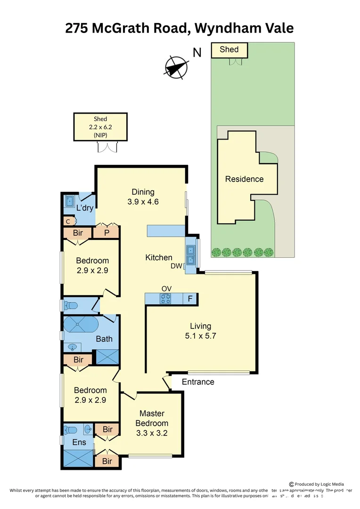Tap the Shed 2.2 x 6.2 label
pos(100,127)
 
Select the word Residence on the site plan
pos(244,179)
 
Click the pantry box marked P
pos(106,232)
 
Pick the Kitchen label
pos(158,257)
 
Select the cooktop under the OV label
pos(165,298)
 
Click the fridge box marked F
pos(190,298)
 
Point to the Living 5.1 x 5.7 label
pos(200,331)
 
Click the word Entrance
pos(198,382)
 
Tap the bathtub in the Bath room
pos(80,325)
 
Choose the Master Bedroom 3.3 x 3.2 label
pos(152,423)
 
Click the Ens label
pos(79,443)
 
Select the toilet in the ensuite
pos(71,430)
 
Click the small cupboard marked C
pos(68,221)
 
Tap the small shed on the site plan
pos(229,50)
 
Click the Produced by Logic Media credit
pos(317,484)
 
